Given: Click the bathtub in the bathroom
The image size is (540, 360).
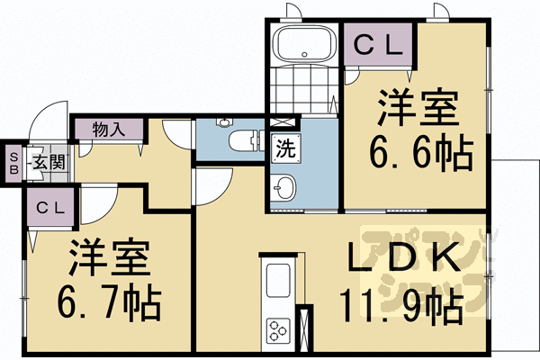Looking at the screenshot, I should click(304, 44).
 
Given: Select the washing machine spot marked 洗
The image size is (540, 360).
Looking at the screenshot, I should click(283, 148).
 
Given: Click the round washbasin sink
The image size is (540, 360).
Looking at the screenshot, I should click(283, 189).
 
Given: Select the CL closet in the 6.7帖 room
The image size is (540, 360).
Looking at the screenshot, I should click(50, 208).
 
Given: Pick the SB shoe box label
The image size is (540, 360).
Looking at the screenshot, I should click(13, 164).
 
